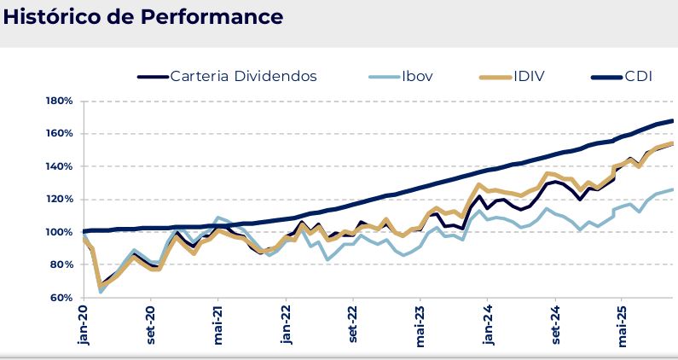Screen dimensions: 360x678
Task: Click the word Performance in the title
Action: point(218,17)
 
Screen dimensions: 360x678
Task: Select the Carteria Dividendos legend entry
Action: point(243,77)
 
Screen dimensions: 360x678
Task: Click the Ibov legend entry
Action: point(414,77)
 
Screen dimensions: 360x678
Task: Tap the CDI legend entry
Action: point(637,77)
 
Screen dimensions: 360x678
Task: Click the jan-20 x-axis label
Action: point(83,327)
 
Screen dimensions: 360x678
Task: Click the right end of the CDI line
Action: point(673,120)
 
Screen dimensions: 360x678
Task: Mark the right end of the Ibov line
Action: point(673,189)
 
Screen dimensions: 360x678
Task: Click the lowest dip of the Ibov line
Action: point(101,292)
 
